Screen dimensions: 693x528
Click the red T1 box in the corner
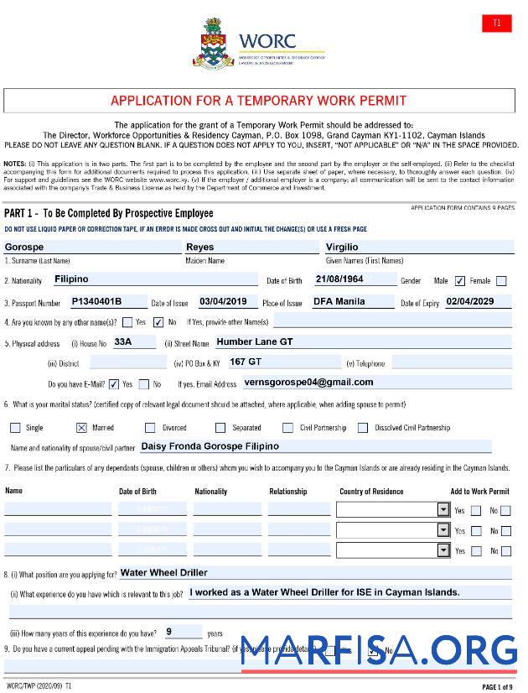(496, 23)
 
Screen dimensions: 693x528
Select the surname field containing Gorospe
(92, 247)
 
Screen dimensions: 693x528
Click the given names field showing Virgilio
(418, 247)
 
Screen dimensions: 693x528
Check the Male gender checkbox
(460, 281)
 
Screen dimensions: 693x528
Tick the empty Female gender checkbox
(501, 281)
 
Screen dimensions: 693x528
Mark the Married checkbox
(81, 427)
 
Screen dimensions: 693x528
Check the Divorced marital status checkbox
(151, 427)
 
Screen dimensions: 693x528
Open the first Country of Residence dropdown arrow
(443, 509)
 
